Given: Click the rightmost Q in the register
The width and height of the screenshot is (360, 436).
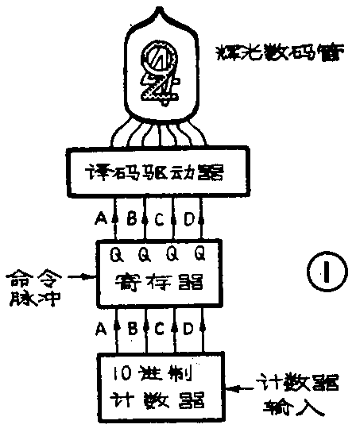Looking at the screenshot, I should [199, 255].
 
